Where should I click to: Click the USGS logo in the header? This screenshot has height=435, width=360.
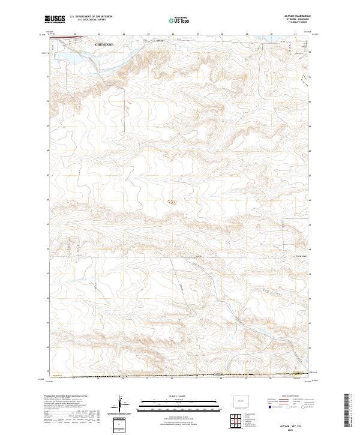pyautogui.click(x=56, y=20)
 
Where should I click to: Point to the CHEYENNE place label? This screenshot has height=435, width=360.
pyautogui.click(x=103, y=44)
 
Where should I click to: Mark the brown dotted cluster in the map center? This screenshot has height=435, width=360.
pyautogui.click(x=173, y=202)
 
